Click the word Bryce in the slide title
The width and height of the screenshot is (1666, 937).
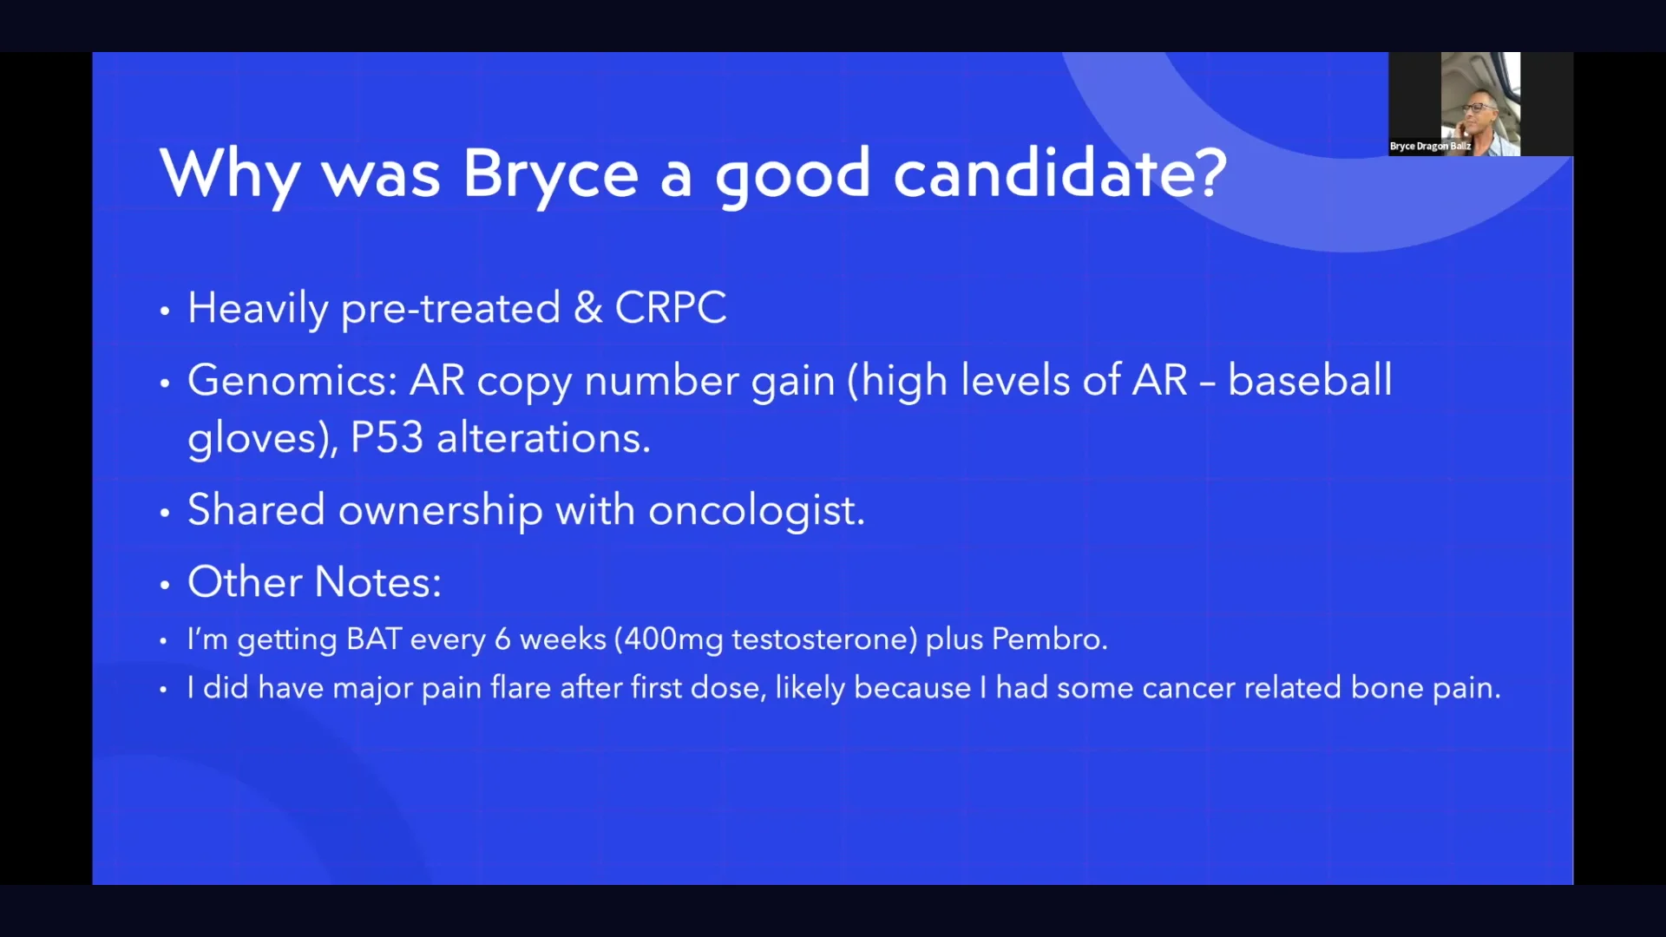point(549,174)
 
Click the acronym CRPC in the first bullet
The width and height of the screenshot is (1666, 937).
point(670,308)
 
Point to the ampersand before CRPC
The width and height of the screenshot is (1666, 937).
point(587,308)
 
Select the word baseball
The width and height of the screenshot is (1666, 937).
point(1309,381)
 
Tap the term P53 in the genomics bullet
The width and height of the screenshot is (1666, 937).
point(386,437)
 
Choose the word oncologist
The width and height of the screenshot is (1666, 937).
point(756,510)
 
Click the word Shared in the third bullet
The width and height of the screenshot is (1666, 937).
point(256,510)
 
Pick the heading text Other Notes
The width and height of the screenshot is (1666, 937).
point(314,582)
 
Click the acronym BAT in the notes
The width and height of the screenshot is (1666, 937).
point(373,639)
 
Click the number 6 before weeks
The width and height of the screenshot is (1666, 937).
point(502,639)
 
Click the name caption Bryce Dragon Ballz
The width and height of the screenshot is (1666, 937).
point(1429,147)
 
